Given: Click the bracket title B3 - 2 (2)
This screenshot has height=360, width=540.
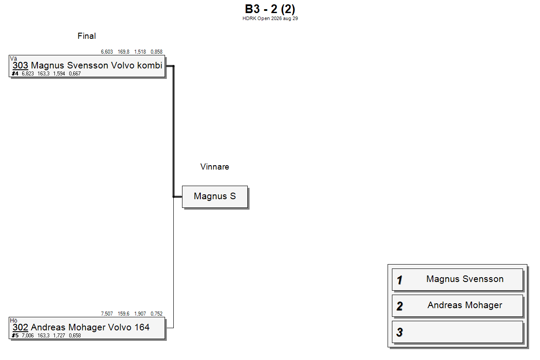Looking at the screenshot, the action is (x=270, y=9).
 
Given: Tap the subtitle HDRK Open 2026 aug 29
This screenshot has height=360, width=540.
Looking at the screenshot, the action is (x=270, y=18).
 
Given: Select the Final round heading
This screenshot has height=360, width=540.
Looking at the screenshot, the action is (x=87, y=36).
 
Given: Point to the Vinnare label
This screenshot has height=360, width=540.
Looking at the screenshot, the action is (x=215, y=167).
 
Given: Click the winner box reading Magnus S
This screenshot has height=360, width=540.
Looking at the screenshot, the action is (x=215, y=197).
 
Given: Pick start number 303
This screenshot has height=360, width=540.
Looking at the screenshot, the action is (x=20, y=65).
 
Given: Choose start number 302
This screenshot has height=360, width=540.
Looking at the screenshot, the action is (x=20, y=327).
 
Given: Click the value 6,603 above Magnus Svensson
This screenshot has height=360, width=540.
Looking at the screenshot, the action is (x=107, y=52).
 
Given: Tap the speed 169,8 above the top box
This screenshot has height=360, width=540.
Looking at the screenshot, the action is (x=123, y=52).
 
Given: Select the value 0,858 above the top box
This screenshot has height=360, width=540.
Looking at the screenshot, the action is (x=156, y=52).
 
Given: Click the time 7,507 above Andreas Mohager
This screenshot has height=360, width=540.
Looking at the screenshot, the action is (x=107, y=314).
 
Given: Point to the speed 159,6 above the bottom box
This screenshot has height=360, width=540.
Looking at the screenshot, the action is (x=123, y=314).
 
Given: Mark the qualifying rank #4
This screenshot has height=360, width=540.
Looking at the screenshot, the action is (x=15, y=74).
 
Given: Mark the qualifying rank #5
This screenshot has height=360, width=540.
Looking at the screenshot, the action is (x=15, y=336).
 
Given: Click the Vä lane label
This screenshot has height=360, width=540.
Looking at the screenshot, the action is (x=13, y=58).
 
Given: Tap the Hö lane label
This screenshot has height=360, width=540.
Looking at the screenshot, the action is (x=13, y=320).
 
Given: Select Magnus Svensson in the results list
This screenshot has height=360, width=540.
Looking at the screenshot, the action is (x=465, y=279).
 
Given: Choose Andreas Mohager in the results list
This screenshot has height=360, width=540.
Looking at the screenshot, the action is (x=465, y=305).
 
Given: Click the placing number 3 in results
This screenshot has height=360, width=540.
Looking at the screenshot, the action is (x=400, y=332).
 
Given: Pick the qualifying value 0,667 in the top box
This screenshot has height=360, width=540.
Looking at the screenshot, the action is (x=75, y=74).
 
